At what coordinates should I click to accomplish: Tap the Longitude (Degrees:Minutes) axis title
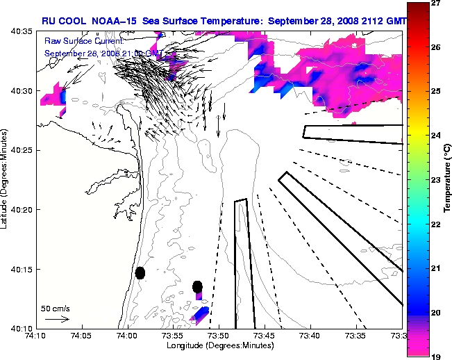[x=219, y=345]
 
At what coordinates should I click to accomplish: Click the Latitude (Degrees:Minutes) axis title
[x=6, y=180]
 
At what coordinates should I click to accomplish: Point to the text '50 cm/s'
[x=56, y=308]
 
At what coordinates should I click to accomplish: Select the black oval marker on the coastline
[x=140, y=272]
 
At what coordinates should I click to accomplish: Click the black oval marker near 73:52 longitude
[x=198, y=286]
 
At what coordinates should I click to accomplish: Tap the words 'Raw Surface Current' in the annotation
[x=76, y=42]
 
